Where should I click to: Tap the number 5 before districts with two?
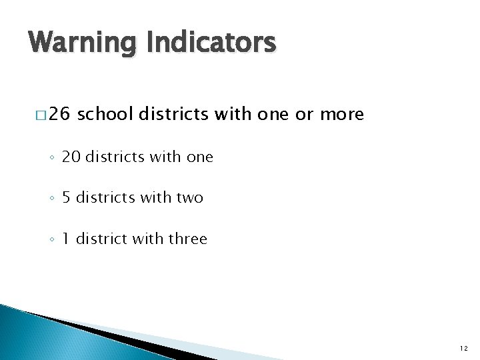click(x=85, y=197)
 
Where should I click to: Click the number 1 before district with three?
click(x=85, y=238)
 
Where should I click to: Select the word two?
click(x=189, y=197)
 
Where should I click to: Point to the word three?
click(x=188, y=238)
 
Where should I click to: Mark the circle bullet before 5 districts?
click(x=70, y=199)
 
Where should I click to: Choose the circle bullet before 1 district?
click(x=70, y=239)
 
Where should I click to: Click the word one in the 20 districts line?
click(x=199, y=157)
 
